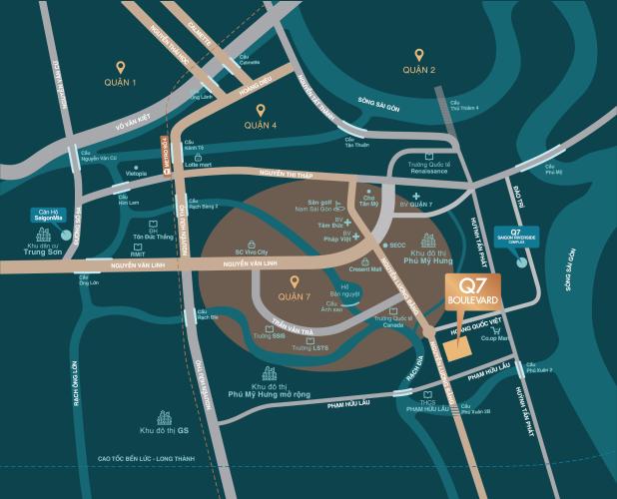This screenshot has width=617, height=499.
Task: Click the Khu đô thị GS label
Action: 165,430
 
